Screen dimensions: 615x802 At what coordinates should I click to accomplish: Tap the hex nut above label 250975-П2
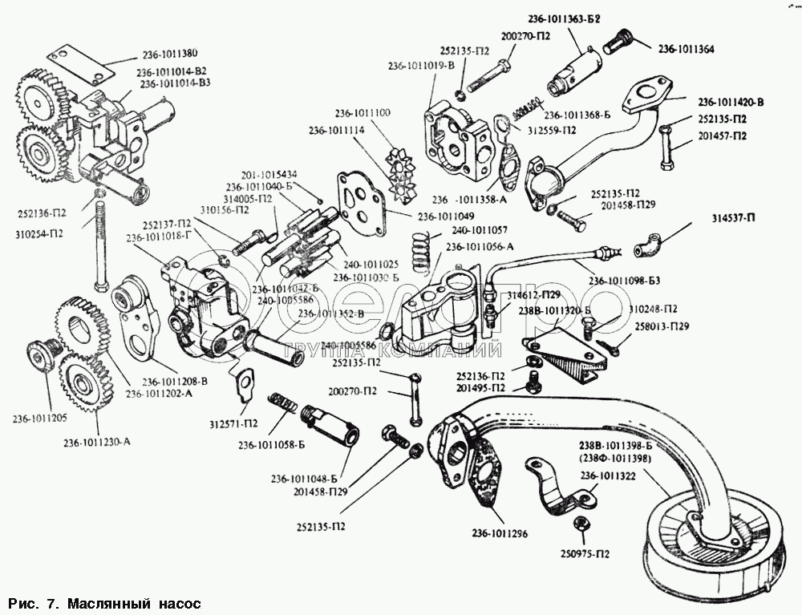point(578,524)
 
